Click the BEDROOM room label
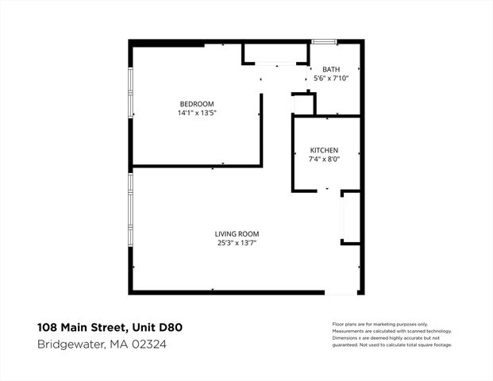click(x=196, y=104)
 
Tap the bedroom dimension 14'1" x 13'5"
click(x=197, y=114)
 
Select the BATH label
click(x=331, y=69)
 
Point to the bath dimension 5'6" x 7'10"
click(x=331, y=79)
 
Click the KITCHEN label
click(x=324, y=150)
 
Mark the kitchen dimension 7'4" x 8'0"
click(x=324, y=160)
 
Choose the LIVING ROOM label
click(x=237, y=233)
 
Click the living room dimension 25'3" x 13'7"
click(x=237, y=243)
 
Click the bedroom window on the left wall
click(x=131, y=92)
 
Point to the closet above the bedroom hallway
click(x=275, y=54)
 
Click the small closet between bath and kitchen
click(x=303, y=104)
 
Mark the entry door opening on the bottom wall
click(x=343, y=292)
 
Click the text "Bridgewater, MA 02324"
click(x=102, y=344)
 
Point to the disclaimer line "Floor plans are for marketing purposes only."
click(x=379, y=325)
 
